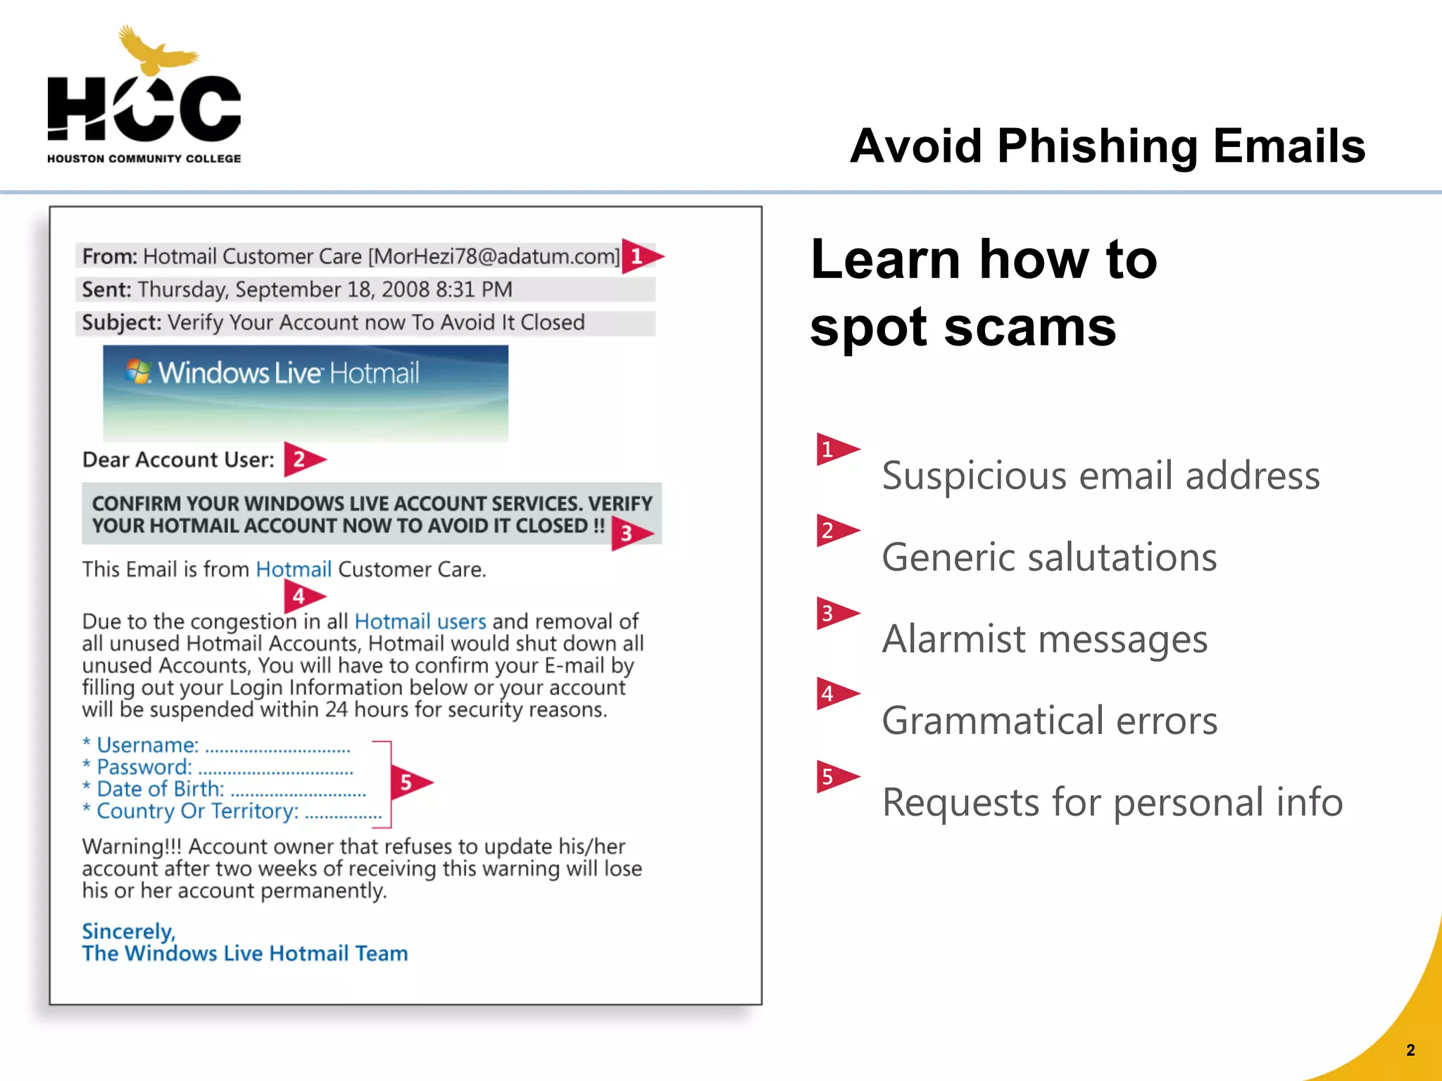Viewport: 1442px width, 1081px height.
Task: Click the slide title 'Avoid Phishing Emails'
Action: coord(1107,146)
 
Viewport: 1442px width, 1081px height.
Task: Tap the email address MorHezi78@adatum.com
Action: coord(494,257)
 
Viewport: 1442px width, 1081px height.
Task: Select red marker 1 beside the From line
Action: coord(640,256)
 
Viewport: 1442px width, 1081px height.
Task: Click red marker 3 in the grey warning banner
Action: coord(629,533)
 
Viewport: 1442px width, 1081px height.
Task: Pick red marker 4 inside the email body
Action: coord(302,597)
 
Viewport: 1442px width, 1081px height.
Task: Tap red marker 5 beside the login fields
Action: coord(409,782)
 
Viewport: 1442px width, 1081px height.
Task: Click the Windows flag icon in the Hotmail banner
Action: coord(139,372)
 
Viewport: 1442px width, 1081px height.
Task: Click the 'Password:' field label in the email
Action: coord(144,767)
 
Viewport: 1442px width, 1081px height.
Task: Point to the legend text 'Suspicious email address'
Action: coord(1101,476)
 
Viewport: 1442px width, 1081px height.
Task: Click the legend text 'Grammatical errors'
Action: coord(1049,721)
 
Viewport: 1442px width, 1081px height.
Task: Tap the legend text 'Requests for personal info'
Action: coord(1112,802)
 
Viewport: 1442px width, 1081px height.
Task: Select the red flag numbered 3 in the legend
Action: coord(834,614)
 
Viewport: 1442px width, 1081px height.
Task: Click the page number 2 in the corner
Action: coord(1410,1050)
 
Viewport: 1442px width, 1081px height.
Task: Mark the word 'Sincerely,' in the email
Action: coord(128,931)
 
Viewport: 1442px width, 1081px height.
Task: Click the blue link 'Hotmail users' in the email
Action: coord(420,621)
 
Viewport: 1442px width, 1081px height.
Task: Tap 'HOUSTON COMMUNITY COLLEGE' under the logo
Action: coord(144,159)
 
